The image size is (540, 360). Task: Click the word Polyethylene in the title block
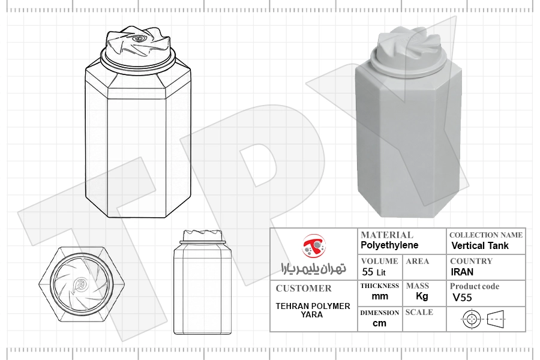point(389,245)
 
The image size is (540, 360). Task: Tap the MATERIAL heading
point(387,235)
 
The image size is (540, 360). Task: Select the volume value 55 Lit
point(374,272)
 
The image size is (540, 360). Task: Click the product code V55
point(462,298)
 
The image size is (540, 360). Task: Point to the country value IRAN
point(462,272)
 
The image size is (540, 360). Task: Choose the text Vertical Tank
point(480,245)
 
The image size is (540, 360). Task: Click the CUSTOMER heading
point(304,289)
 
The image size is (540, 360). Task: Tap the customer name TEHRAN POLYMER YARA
point(313,310)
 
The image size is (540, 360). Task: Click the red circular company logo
point(314,245)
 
